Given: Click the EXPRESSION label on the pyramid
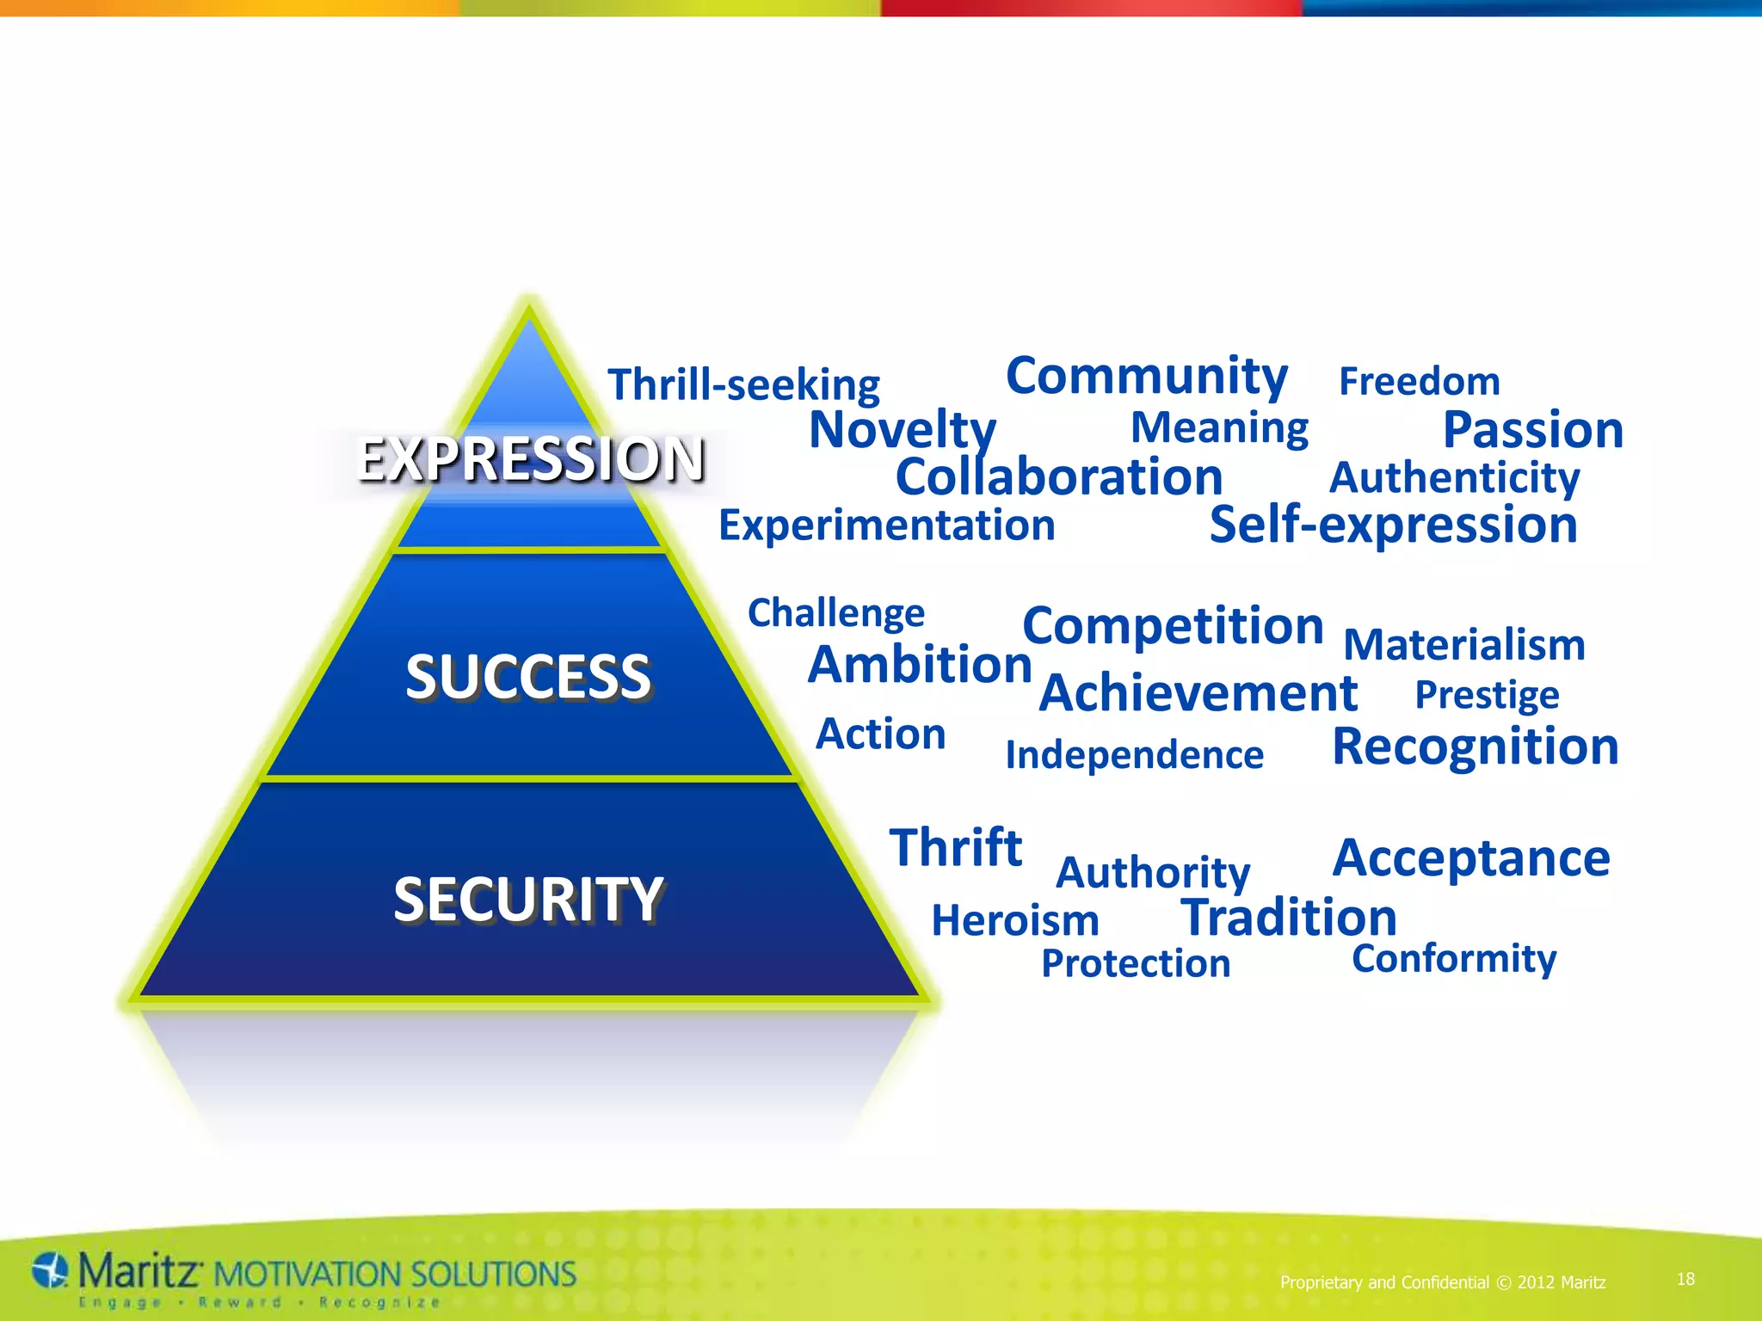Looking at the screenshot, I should [x=530, y=458].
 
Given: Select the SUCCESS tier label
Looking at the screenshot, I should [x=528, y=677].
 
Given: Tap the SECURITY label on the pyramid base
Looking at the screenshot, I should [x=528, y=900].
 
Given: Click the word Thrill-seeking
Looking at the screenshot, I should [x=743, y=384].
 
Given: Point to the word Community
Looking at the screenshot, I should [x=1146, y=377].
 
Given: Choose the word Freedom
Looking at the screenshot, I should [x=1419, y=381].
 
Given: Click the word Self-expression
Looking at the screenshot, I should [x=1393, y=525].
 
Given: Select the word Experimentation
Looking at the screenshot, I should [x=886, y=525].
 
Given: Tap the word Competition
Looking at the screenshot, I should [x=1172, y=625].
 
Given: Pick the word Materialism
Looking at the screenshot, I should [x=1463, y=645].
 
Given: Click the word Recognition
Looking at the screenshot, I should [x=1475, y=747].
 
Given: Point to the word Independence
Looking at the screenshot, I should [x=1134, y=755].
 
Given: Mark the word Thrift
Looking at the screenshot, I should [x=955, y=848].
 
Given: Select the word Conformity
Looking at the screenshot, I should [x=1453, y=958].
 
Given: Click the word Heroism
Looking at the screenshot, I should [x=1015, y=920].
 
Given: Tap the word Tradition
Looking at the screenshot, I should [x=1288, y=918].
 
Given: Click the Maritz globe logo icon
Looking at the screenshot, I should [x=50, y=1270].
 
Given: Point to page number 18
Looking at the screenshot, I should [x=1685, y=1279].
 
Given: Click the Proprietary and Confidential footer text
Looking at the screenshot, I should [x=1442, y=1282].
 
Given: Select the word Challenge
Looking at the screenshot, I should [x=835, y=613].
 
